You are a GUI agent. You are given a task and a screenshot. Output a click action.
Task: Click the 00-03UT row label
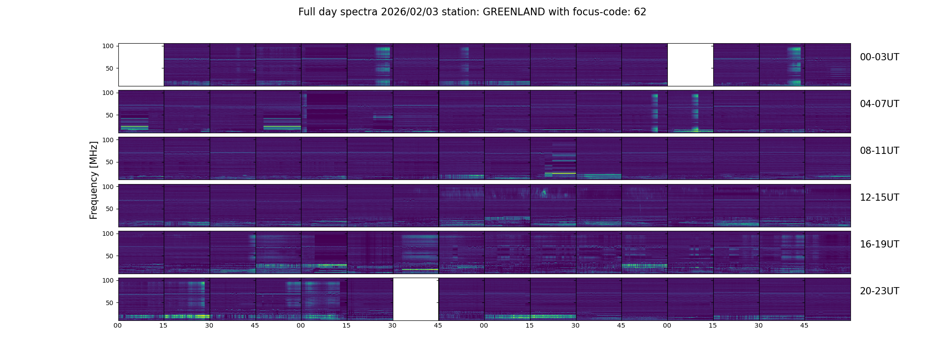click(879, 57)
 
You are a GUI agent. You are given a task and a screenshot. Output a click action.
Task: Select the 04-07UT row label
click(879, 104)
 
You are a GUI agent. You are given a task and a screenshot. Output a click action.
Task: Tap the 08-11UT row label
click(879, 151)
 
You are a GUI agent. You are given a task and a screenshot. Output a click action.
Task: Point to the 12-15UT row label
click(879, 198)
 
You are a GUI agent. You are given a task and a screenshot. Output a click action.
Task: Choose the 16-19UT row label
click(879, 244)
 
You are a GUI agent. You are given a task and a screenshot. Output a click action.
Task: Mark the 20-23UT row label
click(879, 291)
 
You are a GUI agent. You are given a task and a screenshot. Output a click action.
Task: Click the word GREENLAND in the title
click(513, 12)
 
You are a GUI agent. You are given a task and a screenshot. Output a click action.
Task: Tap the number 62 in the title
click(640, 12)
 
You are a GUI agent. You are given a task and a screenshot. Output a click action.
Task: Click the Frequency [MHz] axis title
click(94, 180)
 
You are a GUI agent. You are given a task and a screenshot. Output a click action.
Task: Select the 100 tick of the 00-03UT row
click(108, 46)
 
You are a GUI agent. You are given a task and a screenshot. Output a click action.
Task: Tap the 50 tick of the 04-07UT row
click(110, 115)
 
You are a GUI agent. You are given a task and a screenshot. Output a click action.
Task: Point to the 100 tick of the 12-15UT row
click(108, 186)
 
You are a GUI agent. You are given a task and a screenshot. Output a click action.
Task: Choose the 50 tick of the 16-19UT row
click(110, 256)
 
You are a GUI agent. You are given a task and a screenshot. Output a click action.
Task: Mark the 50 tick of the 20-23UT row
click(110, 303)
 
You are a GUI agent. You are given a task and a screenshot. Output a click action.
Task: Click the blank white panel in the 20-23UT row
click(415, 299)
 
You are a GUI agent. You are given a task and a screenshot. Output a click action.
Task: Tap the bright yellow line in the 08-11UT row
click(560, 173)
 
